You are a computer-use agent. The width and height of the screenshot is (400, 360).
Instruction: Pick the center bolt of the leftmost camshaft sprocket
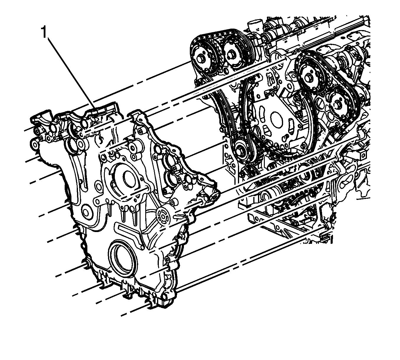(x=200, y=59)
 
